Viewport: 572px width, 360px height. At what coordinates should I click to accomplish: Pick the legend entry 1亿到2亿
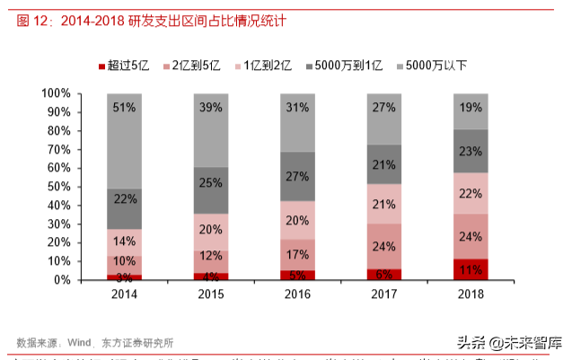(x=263, y=65)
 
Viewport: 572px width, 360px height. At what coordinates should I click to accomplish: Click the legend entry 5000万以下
(x=433, y=65)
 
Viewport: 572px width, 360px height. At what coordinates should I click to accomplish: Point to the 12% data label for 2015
(x=210, y=257)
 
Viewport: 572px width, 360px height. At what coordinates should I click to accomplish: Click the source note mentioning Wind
(x=94, y=341)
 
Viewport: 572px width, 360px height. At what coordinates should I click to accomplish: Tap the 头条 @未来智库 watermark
(x=509, y=342)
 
